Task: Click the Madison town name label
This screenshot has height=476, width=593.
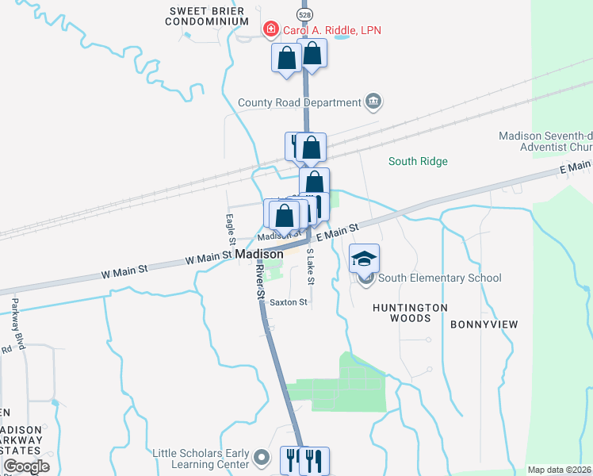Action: click(x=259, y=255)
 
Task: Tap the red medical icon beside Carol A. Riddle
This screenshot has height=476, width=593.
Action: click(x=270, y=29)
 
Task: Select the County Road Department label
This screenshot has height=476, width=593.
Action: click(x=300, y=102)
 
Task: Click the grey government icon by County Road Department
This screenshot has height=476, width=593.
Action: click(x=373, y=102)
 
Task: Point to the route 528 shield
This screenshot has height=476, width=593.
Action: click(x=304, y=14)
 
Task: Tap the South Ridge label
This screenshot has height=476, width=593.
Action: click(x=418, y=162)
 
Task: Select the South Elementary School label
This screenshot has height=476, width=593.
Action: click(x=440, y=278)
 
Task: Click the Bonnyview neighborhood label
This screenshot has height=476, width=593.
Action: click(x=484, y=324)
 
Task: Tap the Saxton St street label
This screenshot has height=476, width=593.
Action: click(x=289, y=302)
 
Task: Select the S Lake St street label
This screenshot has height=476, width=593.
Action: click(x=310, y=267)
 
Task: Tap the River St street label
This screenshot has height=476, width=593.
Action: click(x=259, y=281)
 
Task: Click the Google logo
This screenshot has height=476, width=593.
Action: click(x=26, y=466)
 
